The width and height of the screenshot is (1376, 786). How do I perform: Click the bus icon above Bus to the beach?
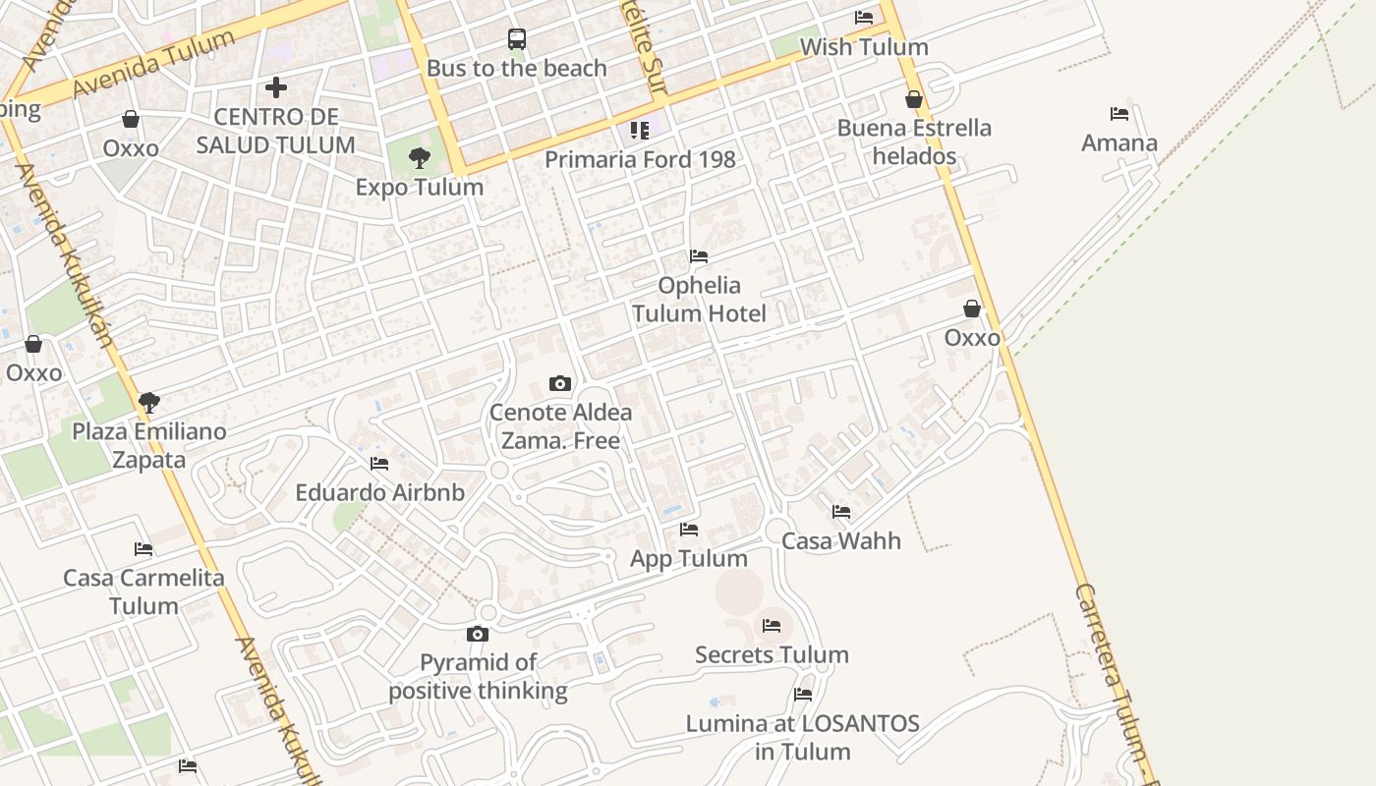pyautogui.click(x=517, y=39)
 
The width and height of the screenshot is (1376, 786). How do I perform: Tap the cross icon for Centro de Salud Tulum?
pyautogui.click(x=276, y=87)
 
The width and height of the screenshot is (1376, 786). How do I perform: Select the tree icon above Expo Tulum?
pyautogui.click(x=420, y=157)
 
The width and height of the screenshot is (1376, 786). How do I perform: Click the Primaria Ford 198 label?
pyautogui.click(x=640, y=159)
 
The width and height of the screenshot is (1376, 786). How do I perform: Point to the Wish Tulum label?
pyautogui.click(x=864, y=47)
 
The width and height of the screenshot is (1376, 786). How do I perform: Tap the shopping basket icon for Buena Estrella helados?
pyautogui.click(x=914, y=99)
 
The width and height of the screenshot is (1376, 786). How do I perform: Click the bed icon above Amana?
pyautogui.click(x=1118, y=114)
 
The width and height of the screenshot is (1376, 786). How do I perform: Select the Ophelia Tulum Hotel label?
pyautogui.click(x=699, y=300)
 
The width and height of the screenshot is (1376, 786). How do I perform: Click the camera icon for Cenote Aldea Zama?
pyautogui.click(x=560, y=383)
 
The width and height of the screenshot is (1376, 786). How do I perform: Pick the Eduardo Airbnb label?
pyautogui.click(x=379, y=492)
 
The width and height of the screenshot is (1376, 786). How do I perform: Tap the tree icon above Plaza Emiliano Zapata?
pyautogui.click(x=149, y=402)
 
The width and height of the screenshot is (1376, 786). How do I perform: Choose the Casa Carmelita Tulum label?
pyautogui.click(x=143, y=591)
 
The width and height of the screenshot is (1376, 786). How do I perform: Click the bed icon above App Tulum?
pyautogui.click(x=689, y=530)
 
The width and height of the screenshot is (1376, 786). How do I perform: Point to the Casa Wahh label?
pyautogui.click(x=841, y=540)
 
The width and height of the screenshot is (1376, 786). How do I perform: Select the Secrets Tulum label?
pyautogui.click(x=772, y=654)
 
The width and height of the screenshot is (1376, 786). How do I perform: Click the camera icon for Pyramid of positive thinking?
pyautogui.click(x=478, y=634)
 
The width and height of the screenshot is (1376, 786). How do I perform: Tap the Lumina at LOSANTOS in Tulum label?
pyautogui.click(x=803, y=737)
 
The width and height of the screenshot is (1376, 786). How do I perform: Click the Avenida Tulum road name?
pyautogui.click(x=155, y=65)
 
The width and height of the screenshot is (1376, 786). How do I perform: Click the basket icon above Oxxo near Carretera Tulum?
pyautogui.click(x=972, y=309)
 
